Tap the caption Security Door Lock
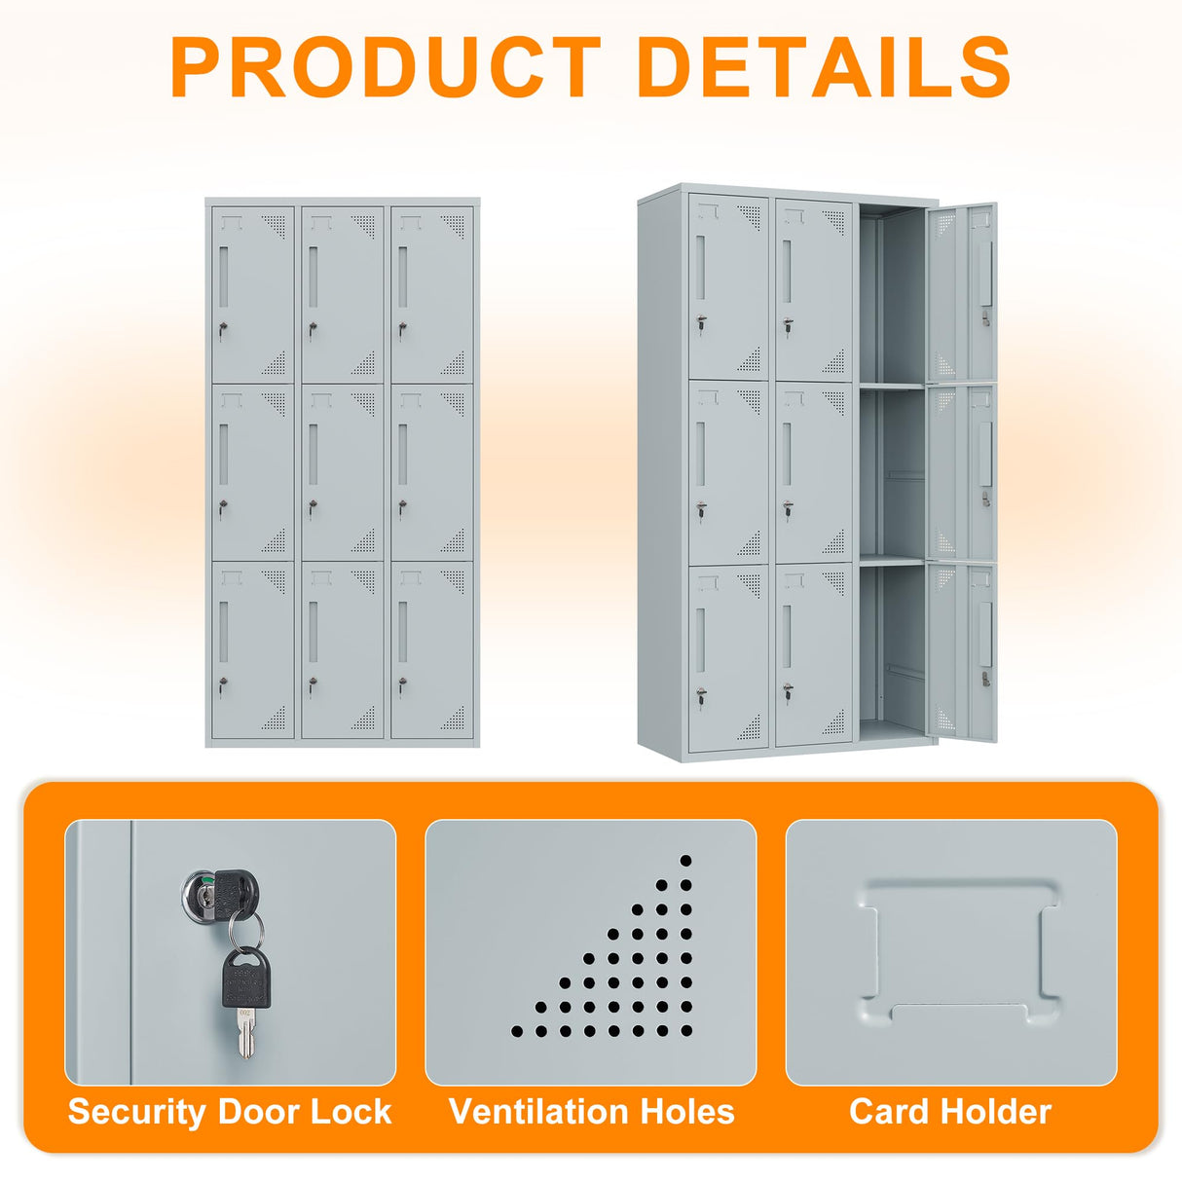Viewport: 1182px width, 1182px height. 230,1112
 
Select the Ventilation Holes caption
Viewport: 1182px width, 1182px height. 591,1112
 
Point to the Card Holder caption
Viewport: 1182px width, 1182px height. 950,1112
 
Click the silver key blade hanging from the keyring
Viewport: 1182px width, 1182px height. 245,1033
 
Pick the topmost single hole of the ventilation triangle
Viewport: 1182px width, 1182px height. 685,861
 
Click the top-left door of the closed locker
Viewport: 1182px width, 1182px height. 253,293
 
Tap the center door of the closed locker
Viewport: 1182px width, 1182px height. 342,472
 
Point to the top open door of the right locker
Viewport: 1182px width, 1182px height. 962,292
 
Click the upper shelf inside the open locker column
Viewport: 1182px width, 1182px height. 891,387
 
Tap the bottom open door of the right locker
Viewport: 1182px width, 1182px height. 962,652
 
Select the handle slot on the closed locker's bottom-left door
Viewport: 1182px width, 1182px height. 223,630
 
